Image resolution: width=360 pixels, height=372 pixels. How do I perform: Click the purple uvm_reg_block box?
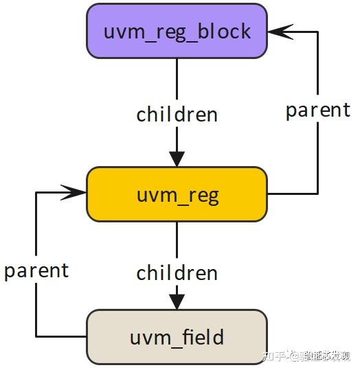(x=177, y=31)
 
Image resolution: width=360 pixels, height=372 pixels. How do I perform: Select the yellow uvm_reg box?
(x=177, y=194)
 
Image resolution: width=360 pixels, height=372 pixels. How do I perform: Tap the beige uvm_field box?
(x=177, y=336)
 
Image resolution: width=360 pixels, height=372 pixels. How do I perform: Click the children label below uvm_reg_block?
(x=177, y=114)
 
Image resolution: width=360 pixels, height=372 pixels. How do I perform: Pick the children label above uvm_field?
(x=177, y=272)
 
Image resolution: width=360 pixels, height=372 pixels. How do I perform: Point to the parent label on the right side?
(x=317, y=110)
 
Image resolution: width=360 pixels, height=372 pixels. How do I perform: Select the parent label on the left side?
(x=36, y=270)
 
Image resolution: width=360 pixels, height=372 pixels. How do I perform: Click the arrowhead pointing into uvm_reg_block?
(x=278, y=32)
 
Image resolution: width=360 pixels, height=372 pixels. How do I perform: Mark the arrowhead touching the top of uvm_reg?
(x=177, y=158)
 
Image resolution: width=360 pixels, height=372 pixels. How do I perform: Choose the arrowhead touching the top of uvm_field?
(x=177, y=301)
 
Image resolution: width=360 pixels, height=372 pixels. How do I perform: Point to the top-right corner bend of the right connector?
(x=317, y=32)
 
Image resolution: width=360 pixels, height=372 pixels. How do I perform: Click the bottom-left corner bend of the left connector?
(x=36, y=336)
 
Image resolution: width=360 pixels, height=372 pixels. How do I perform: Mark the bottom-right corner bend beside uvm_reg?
(x=317, y=194)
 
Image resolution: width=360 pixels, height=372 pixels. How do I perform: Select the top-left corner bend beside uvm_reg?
(x=36, y=193)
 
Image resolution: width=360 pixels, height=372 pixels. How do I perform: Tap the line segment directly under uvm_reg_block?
(x=177, y=79)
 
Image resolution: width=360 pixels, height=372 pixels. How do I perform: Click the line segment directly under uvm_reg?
(x=177, y=240)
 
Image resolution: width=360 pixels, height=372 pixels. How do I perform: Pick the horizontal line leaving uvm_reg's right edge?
(x=292, y=194)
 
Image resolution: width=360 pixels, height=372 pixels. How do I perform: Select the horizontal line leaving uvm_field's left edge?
(x=62, y=336)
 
